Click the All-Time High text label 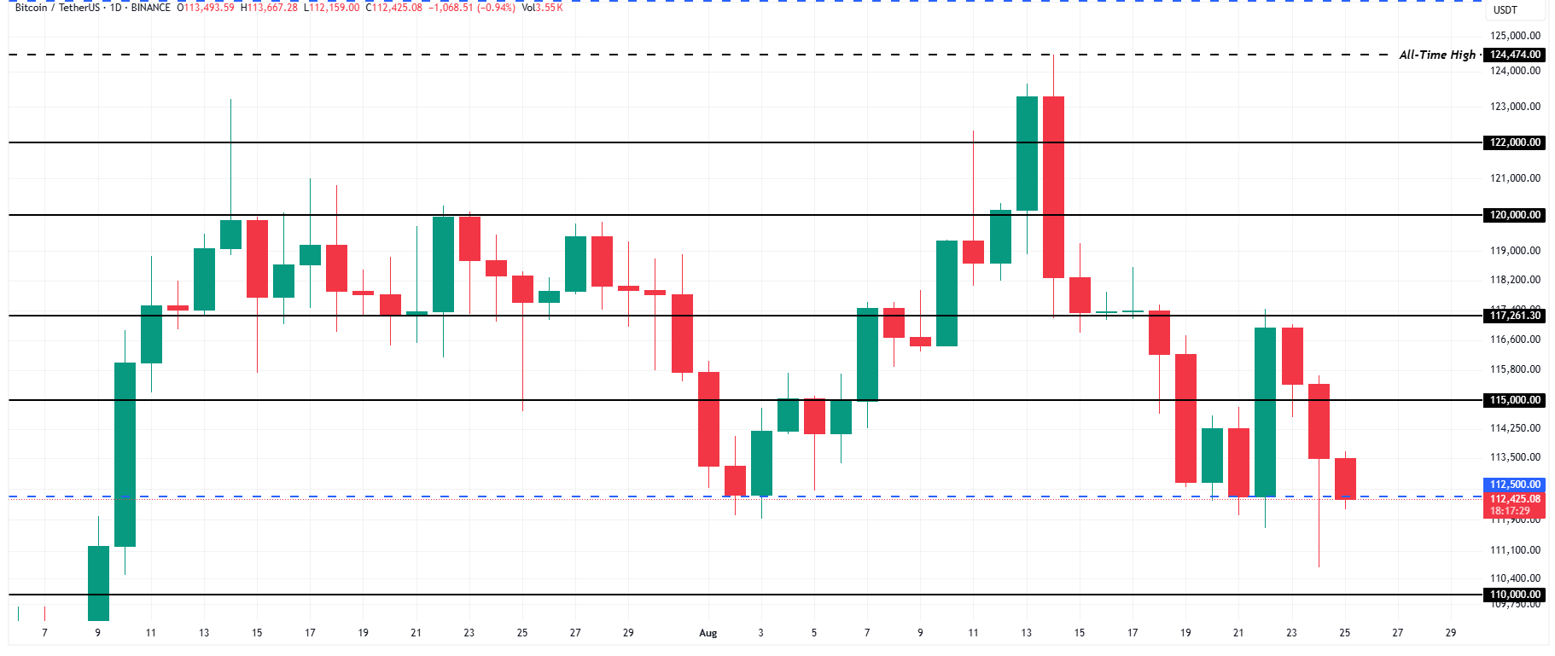pyautogui.click(x=1437, y=55)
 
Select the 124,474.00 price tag pyautogui.click(x=1515, y=55)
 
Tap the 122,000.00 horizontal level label pyautogui.click(x=1515, y=142)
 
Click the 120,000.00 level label pyautogui.click(x=1515, y=215)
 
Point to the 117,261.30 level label pyautogui.click(x=1515, y=316)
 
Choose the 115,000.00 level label pyautogui.click(x=1515, y=400)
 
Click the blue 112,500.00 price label pyautogui.click(x=1515, y=485)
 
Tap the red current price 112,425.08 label pyautogui.click(x=1515, y=499)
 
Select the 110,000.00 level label pyautogui.click(x=1515, y=595)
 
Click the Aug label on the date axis pyautogui.click(x=708, y=633)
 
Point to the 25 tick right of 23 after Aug pyautogui.click(x=1344, y=633)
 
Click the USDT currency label pyautogui.click(x=1505, y=10)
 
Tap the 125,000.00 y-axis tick pyautogui.click(x=1515, y=36)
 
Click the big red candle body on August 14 pyautogui.click(x=1053, y=187)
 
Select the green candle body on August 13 pyautogui.click(x=1027, y=154)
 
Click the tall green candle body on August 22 pyautogui.click(x=1265, y=412)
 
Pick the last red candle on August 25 pyautogui.click(x=1345, y=479)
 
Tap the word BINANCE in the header pyautogui.click(x=151, y=8)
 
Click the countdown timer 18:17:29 pyautogui.click(x=1510, y=511)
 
